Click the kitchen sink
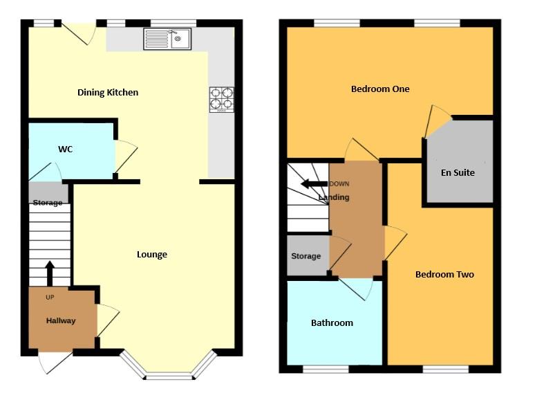[x=167, y=39]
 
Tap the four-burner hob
[x=221, y=99]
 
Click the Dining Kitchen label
[x=108, y=92]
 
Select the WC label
[x=66, y=149]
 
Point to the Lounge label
[x=151, y=254]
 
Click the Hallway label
[x=61, y=320]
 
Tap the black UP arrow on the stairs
[x=49, y=273]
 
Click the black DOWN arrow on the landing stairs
[x=314, y=184]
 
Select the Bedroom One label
[x=380, y=89]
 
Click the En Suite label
[x=458, y=172]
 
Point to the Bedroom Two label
[x=444, y=274]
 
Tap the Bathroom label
[x=332, y=322]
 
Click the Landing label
[x=335, y=197]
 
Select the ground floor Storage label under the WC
[x=48, y=203]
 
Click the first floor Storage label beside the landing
[x=305, y=256]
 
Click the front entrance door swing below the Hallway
[x=54, y=361]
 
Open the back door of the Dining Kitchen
[x=79, y=33]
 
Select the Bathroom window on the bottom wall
[x=325, y=369]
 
